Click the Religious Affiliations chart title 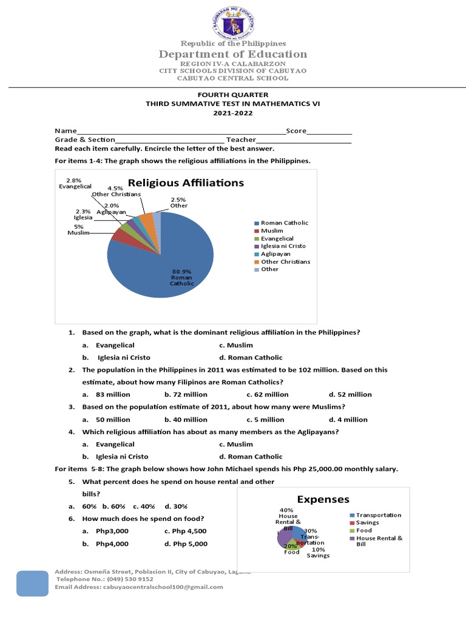click(186, 183)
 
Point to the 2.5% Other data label click(178, 203)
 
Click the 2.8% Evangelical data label click(74, 183)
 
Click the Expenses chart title click(323, 499)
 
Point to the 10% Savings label click(318, 552)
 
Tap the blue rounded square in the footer click(32, 587)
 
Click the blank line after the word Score click(329, 131)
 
